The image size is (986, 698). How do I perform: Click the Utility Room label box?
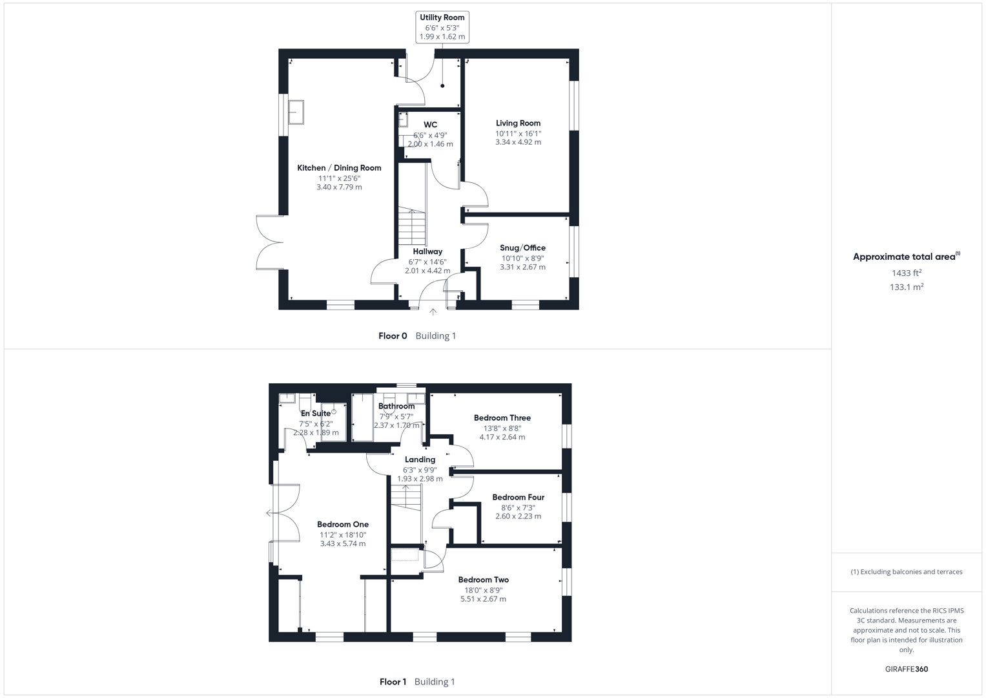point(442,27)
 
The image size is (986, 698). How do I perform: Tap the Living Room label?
point(518,123)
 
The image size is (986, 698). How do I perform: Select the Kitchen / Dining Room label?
point(339,168)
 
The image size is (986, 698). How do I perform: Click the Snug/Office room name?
point(522,248)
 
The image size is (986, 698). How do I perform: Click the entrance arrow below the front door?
point(433,312)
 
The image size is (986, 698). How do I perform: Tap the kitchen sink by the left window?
point(296,112)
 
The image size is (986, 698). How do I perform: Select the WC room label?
point(430,125)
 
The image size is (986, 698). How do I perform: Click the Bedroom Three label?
point(502,418)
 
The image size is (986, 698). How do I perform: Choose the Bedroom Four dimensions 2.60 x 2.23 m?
point(518,516)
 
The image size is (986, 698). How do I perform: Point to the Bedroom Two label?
point(483,580)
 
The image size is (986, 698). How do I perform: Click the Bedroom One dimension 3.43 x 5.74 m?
point(343,544)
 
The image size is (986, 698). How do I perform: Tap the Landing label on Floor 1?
point(420,460)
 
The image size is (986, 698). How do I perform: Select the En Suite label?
point(315,414)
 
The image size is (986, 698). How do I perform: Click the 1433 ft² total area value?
point(906,273)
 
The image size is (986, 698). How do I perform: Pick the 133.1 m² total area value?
point(906,288)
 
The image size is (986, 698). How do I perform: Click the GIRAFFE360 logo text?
point(906,669)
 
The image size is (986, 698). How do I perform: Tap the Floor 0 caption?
point(393,336)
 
